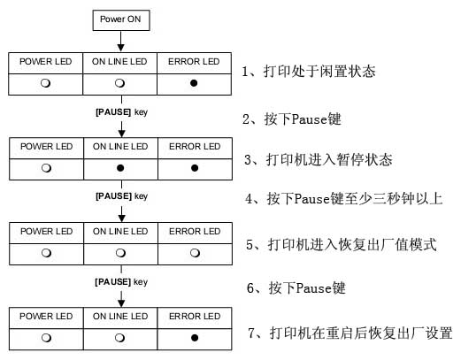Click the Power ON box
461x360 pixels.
(119, 19)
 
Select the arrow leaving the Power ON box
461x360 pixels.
(119, 42)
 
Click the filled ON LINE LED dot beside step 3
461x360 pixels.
(119, 165)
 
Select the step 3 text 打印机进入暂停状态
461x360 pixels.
(324, 160)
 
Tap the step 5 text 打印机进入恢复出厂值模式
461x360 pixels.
(342, 244)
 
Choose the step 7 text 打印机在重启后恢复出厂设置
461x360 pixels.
(350, 333)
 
